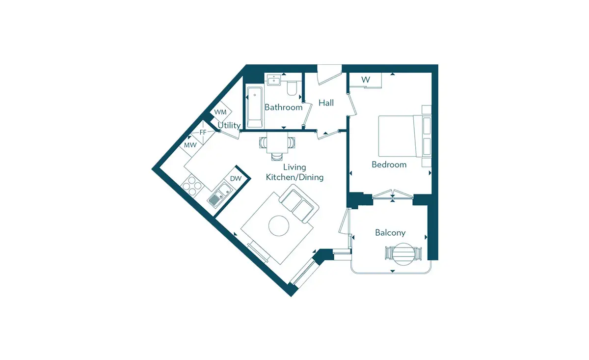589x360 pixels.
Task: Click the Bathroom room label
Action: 284,108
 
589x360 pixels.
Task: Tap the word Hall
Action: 326,103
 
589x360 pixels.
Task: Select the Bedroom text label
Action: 389,165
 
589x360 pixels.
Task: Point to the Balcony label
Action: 390,233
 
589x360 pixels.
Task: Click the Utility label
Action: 229,126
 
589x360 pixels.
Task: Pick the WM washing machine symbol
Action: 220,112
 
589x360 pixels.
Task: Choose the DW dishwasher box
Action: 236,179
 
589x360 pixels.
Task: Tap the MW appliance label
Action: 190,145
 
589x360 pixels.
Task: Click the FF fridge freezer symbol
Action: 203,133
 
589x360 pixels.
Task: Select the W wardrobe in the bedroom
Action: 366,80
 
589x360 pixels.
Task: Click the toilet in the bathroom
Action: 292,88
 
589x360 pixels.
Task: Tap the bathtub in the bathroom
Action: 255,107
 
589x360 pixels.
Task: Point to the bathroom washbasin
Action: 274,80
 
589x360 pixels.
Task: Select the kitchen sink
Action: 220,195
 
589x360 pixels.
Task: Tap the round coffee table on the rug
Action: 279,226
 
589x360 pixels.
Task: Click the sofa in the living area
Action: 299,203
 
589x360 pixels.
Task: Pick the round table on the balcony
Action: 403,254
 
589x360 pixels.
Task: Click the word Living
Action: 294,167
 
